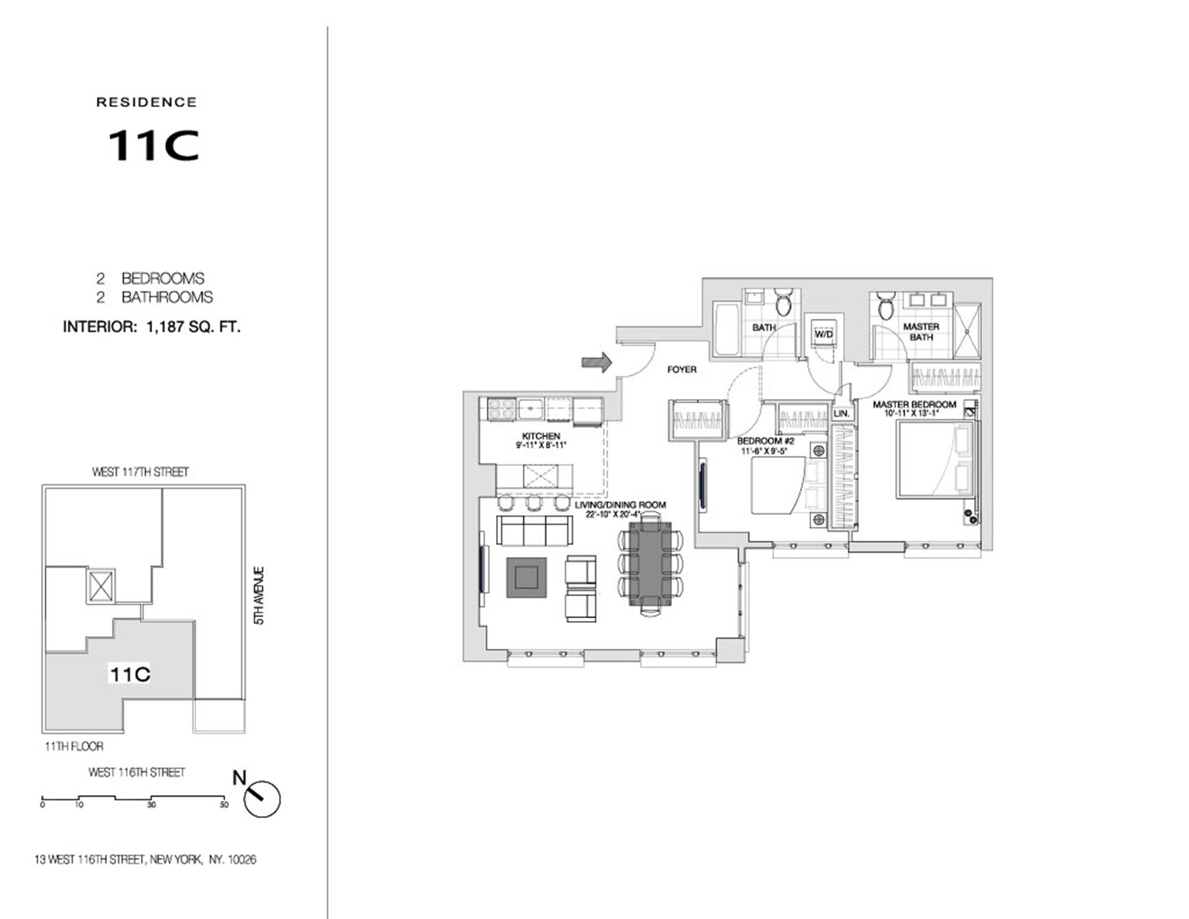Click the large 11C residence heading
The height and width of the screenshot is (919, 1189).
pos(154,146)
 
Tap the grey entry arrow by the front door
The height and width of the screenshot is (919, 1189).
pos(596,363)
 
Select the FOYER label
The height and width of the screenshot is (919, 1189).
pos(682,369)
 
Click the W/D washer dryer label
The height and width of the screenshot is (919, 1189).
pos(824,335)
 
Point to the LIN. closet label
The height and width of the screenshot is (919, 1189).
pos(841,413)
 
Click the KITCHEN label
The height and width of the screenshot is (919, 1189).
pos(541,436)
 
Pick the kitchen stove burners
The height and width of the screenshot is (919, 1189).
pos(501,409)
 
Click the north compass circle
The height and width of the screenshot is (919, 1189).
pos(262,799)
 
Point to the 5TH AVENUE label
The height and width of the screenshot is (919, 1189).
pos(259,595)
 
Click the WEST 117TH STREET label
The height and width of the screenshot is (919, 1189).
pos(140,472)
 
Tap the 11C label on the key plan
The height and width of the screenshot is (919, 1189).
pos(129,674)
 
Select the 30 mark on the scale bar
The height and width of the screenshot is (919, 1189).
pos(151,805)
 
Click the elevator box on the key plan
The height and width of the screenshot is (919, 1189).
pos(101,586)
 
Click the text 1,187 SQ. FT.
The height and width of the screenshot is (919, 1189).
pos(193,327)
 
